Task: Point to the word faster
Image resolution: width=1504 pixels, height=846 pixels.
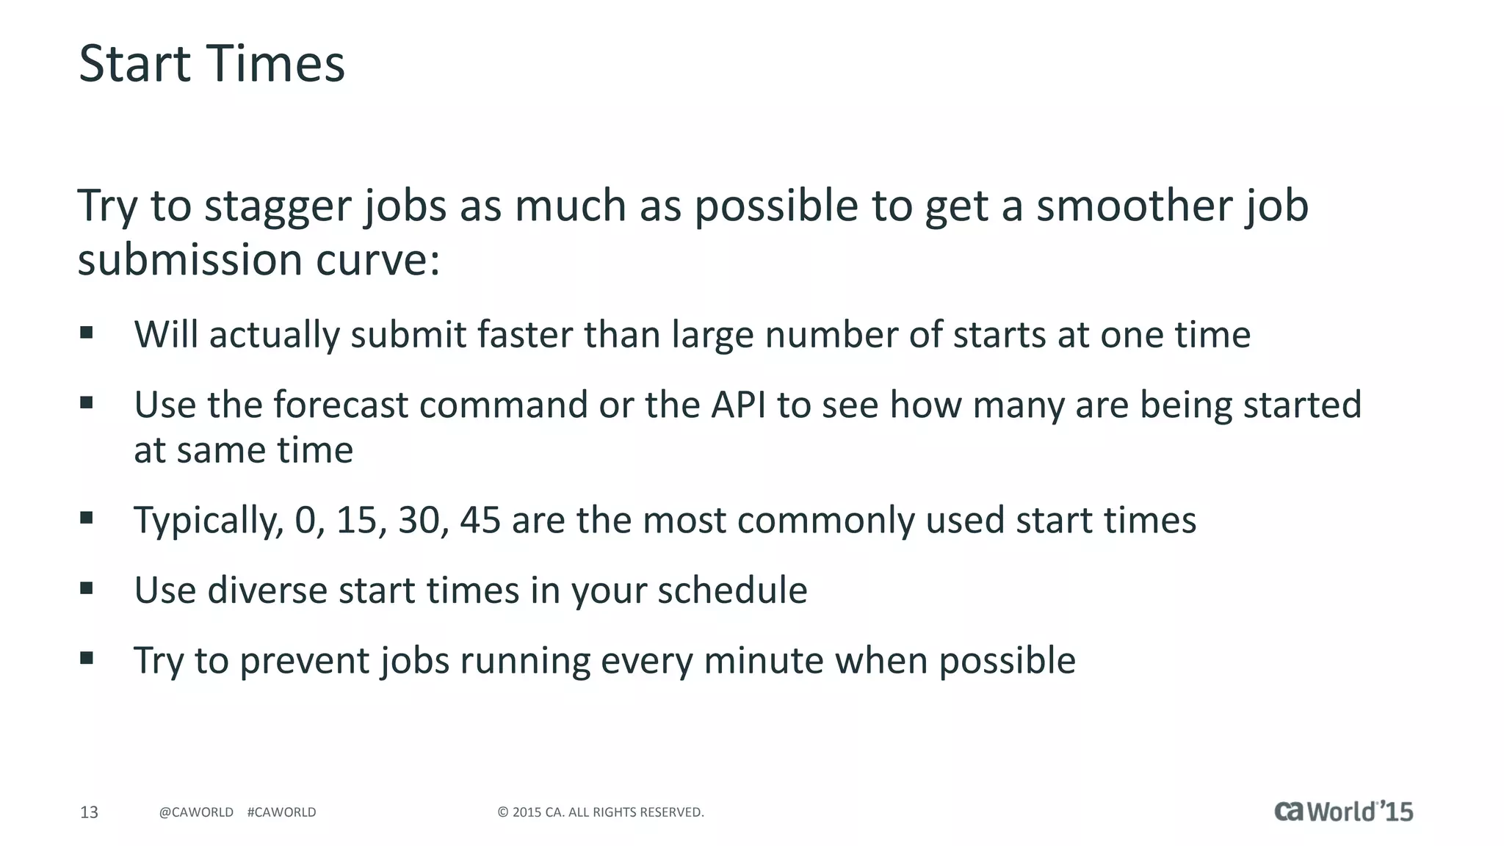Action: click(x=525, y=335)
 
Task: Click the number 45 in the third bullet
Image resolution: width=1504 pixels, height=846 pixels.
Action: click(x=480, y=521)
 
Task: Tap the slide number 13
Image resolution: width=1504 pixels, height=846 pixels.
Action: click(x=89, y=812)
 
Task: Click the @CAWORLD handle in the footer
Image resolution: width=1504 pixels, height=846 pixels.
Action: click(x=196, y=812)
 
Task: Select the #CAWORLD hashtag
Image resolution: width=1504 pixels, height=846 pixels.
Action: click(x=281, y=812)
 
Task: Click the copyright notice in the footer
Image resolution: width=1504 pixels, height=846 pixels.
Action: click(x=601, y=812)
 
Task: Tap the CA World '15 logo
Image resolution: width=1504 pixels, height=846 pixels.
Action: click(x=1343, y=811)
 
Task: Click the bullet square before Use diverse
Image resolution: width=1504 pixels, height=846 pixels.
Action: click(x=87, y=588)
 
